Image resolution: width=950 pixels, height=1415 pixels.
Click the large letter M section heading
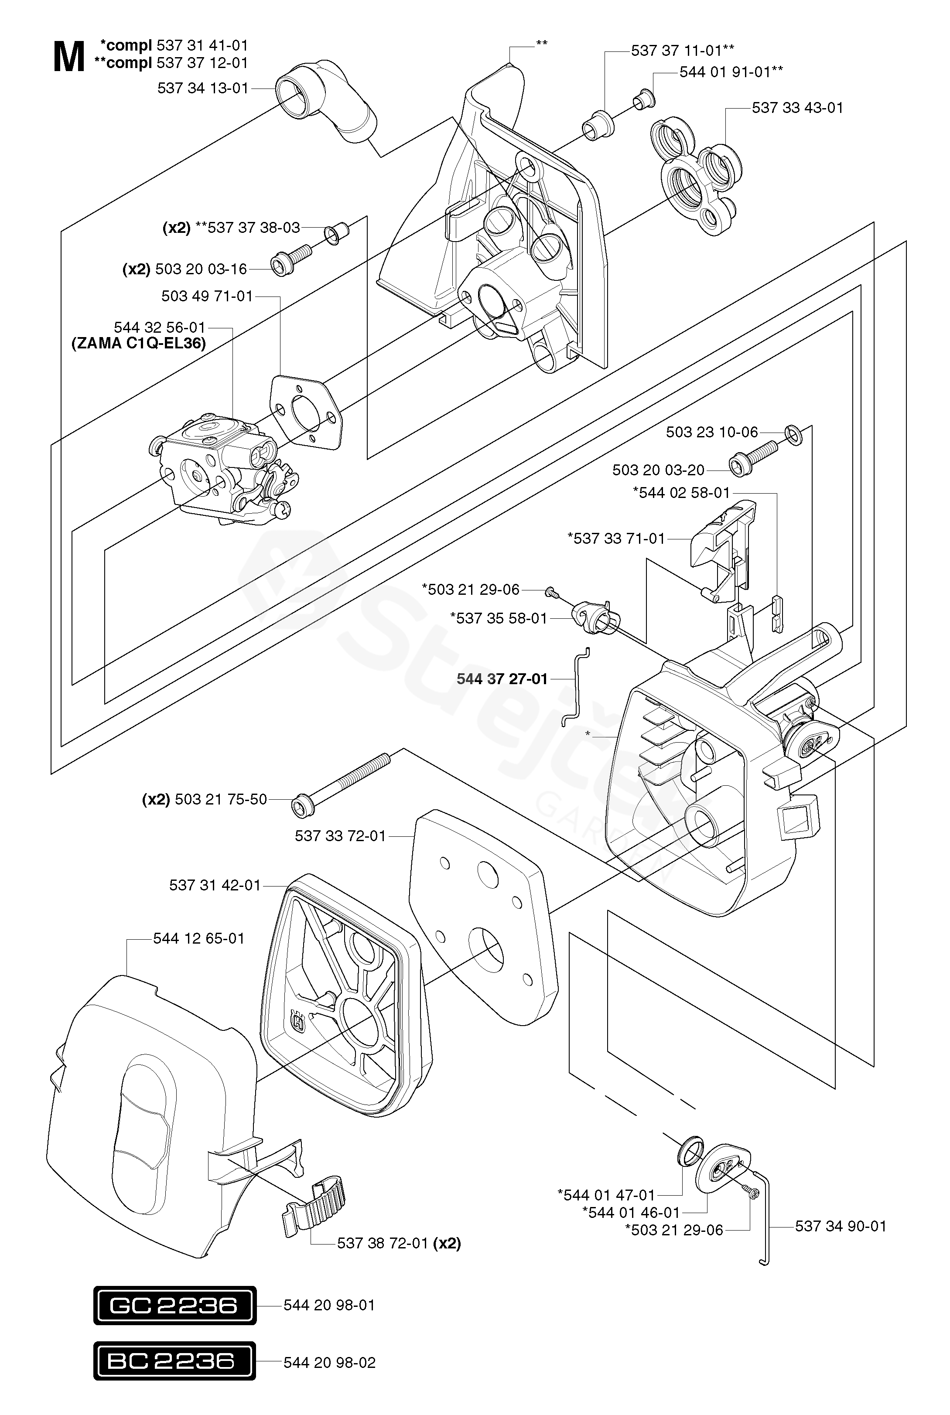coord(69,58)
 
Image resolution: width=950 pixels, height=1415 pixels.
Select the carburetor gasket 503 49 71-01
coord(305,412)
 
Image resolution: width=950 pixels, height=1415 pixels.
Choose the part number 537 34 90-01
coord(841,1227)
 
